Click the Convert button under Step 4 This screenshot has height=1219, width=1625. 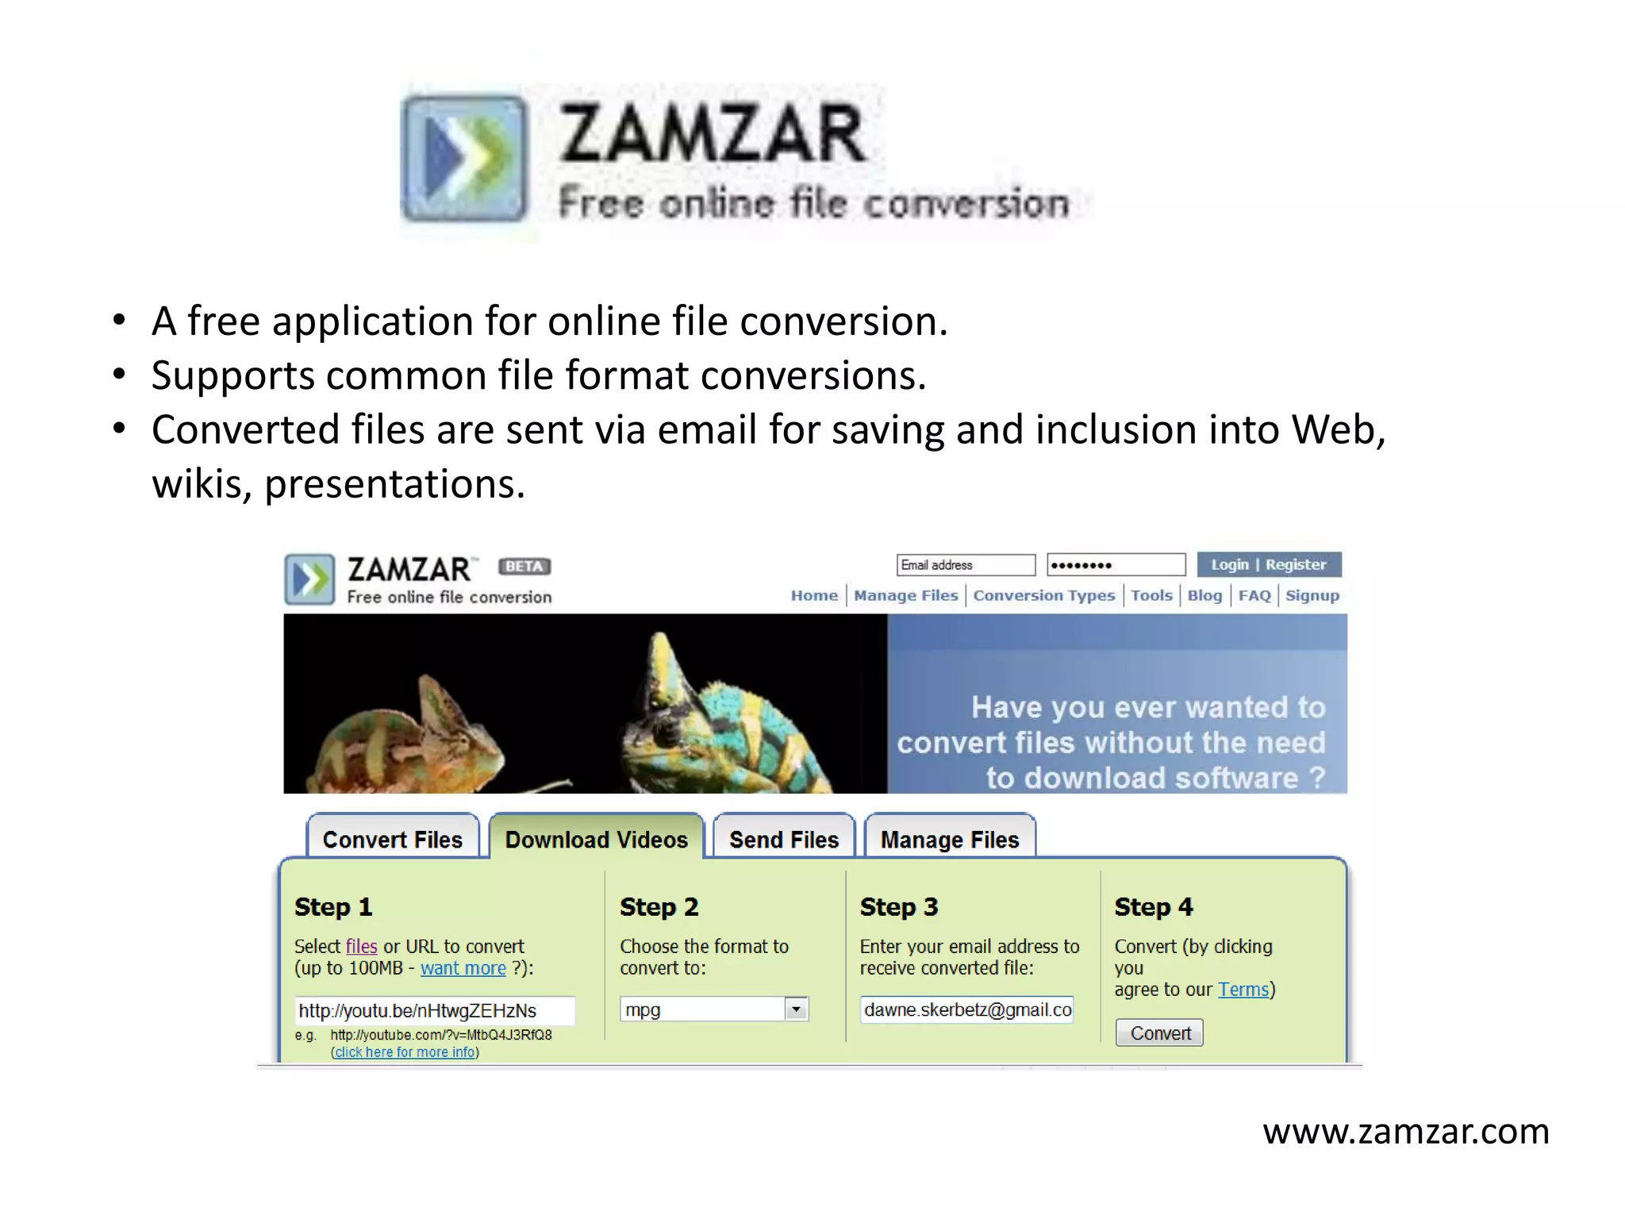coord(1159,1032)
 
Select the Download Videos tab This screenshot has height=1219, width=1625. coord(596,839)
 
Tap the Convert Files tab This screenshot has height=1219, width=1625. coord(392,839)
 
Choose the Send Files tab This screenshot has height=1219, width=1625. coord(784,839)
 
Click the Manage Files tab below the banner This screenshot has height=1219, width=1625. coord(949,839)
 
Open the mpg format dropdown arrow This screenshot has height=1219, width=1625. coord(796,1009)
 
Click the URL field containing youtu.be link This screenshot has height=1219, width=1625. coord(434,1010)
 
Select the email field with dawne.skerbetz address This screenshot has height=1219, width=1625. coord(967,1009)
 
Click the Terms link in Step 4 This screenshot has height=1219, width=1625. coord(1243,990)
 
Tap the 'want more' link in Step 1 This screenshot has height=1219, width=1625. coord(463,968)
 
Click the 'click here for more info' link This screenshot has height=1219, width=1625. coord(405,1052)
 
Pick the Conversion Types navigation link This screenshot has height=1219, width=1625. coord(1043,595)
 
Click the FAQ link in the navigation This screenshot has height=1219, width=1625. coord(1254,595)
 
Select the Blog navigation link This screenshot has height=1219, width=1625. coord(1204,595)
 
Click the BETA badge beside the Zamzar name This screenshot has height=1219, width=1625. coord(524,566)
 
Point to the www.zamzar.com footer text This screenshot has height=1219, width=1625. coord(1405,1131)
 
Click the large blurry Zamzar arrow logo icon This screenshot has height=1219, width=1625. coord(464,157)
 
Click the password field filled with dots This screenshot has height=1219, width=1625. coord(1116,565)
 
